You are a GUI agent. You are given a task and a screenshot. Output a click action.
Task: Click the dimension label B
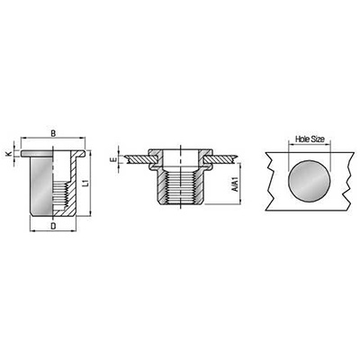(x=53, y=133)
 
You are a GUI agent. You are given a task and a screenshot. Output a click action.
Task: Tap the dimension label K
(x=9, y=154)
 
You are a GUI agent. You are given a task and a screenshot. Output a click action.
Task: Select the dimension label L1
(x=85, y=183)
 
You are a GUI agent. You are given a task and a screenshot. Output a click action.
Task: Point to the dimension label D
(x=53, y=226)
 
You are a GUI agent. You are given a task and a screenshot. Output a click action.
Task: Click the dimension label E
(x=113, y=160)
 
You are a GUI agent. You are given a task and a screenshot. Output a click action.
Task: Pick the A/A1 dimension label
(x=235, y=184)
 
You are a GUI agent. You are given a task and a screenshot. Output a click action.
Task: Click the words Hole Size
(x=310, y=139)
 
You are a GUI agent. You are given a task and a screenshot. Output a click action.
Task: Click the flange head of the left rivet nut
(x=53, y=153)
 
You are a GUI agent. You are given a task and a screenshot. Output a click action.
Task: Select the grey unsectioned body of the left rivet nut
(x=41, y=184)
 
